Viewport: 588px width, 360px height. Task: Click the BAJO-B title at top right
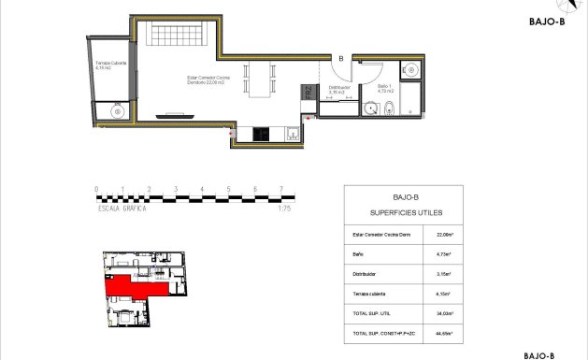pyautogui.click(x=546, y=26)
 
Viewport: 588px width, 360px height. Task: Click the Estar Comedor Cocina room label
pyautogui.click(x=208, y=81)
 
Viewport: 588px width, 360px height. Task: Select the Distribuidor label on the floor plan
pyautogui.click(x=337, y=91)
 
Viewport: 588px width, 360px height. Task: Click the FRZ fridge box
pyautogui.click(x=306, y=93)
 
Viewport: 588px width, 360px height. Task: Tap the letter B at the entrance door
pyautogui.click(x=341, y=59)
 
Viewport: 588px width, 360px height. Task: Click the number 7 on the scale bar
pyautogui.click(x=280, y=189)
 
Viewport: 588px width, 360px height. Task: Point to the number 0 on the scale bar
pyautogui.click(x=97, y=189)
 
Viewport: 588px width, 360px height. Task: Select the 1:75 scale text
pyautogui.click(x=284, y=209)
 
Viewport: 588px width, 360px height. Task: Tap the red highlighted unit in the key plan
pyautogui.click(x=131, y=285)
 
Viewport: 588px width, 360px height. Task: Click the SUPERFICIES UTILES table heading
pyautogui.click(x=405, y=212)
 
